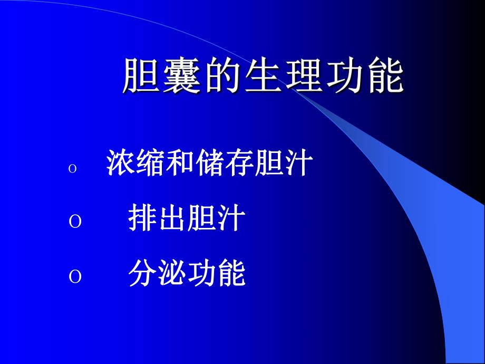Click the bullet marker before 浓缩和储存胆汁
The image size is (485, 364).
pos(73,169)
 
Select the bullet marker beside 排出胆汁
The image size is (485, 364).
pos(75,222)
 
